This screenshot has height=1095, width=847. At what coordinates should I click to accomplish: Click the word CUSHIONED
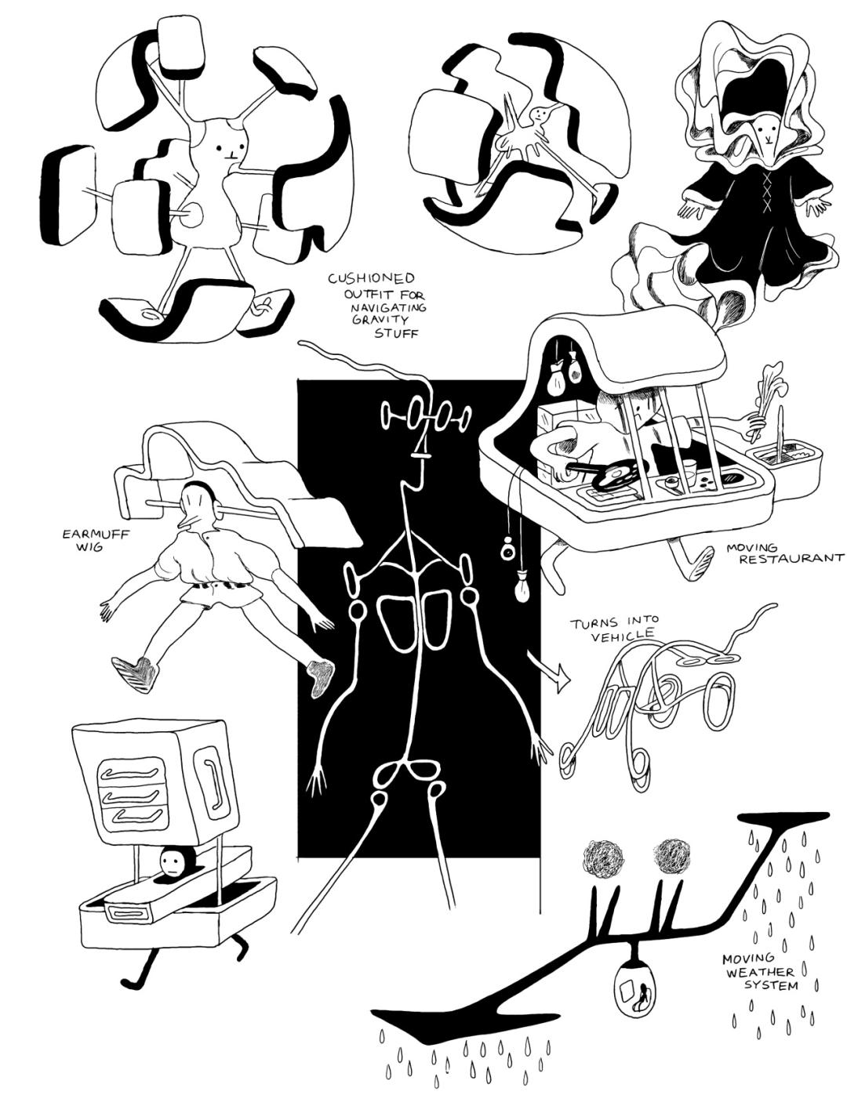(x=372, y=278)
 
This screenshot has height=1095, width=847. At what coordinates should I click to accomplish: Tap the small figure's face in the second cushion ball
(x=537, y=116)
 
